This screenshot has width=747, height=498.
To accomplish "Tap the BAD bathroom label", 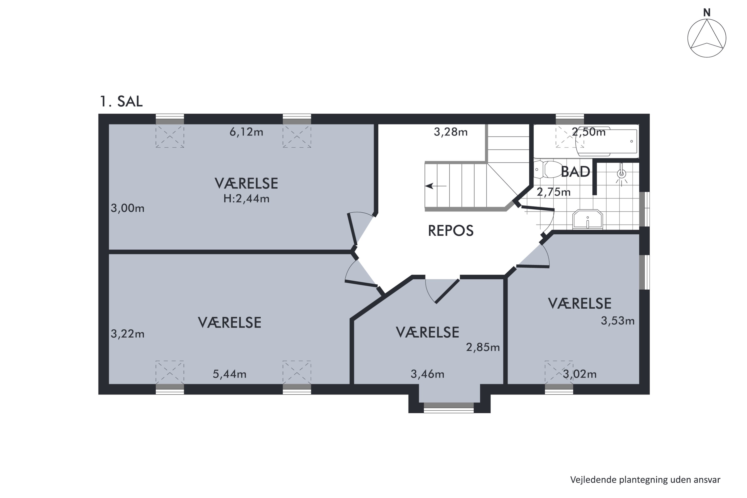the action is coord(575,172).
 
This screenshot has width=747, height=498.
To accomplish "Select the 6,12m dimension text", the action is coord(246,131).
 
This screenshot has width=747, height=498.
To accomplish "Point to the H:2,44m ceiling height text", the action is coord(246,198).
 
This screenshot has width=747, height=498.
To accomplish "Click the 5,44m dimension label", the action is coord(229,374).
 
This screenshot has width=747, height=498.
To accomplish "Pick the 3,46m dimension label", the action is coord(427,374).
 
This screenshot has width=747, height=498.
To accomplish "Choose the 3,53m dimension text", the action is coord(618,321).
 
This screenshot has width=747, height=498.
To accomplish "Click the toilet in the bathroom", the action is coord(548,169).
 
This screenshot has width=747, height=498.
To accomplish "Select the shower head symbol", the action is coord(621,174).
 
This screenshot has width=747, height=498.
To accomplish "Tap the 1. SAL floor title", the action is coord(121,101).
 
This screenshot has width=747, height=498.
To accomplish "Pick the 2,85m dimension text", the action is coord(483,347).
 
